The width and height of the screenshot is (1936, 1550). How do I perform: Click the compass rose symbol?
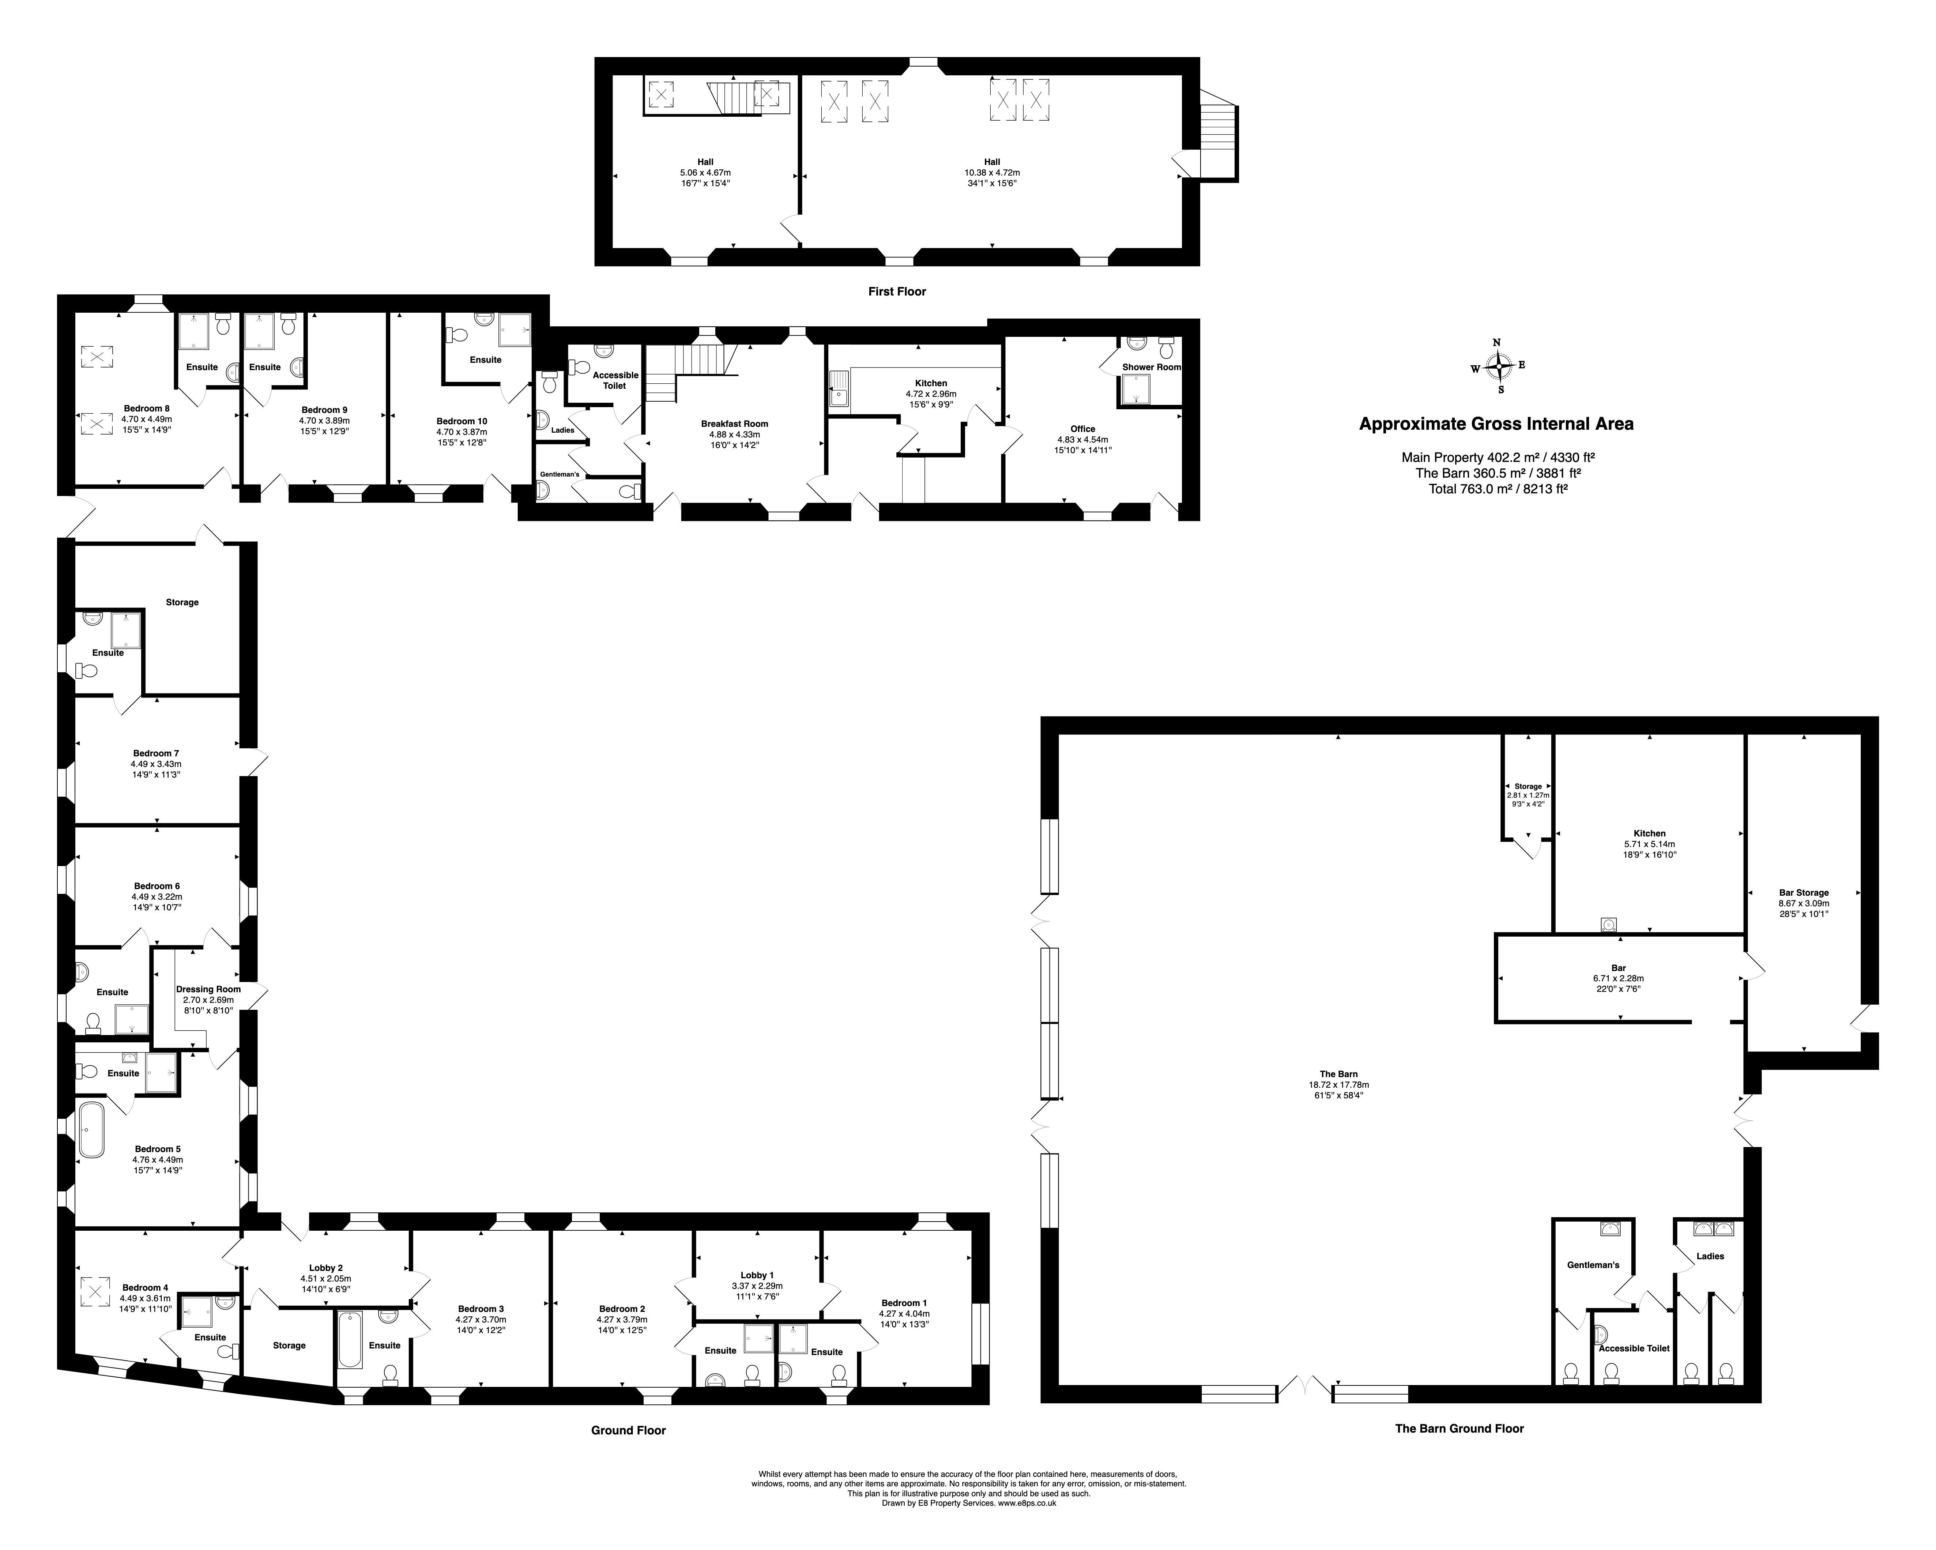point(1498,365)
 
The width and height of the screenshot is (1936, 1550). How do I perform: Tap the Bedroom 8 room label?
point(146,409)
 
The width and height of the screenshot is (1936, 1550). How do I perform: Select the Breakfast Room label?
point(735,424)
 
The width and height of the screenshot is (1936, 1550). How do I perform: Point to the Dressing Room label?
point(208,989)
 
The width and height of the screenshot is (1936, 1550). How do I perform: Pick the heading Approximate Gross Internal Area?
point(1496,424)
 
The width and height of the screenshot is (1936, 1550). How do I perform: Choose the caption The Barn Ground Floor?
point(1459,1428)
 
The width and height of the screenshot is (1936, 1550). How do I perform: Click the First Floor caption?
point(897,291)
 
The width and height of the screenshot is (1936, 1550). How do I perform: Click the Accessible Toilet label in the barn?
point(1634,1348)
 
